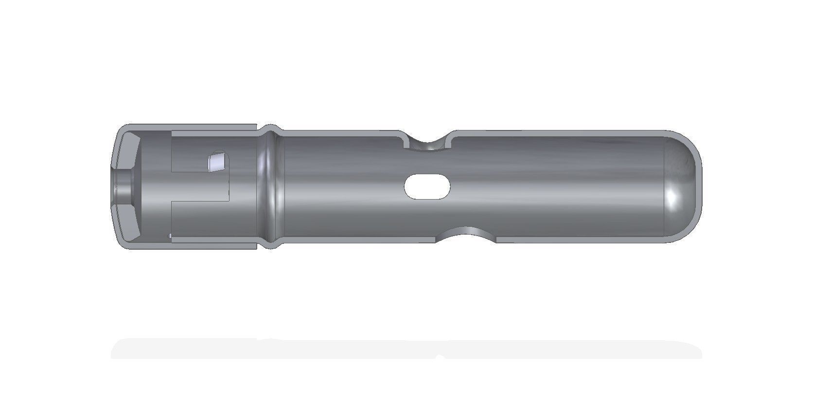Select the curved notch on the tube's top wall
pos(428,144)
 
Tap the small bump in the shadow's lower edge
pos(440,358)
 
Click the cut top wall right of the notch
pos(559,133)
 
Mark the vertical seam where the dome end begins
pos(665,187)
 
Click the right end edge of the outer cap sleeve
pos(256,187)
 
